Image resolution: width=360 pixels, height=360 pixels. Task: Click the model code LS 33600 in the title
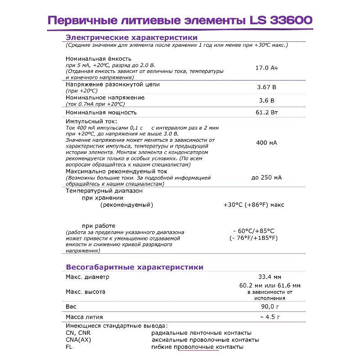pyautogui.click(x=281, y=21)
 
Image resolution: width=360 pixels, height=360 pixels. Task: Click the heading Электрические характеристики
pyautogui.click(x=131, y=37)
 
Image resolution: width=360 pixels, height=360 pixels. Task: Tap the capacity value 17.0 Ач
pyautogui.click(x=266, y=68)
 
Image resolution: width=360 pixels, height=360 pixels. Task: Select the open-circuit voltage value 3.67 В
pyautogui.click(x=266, y=87)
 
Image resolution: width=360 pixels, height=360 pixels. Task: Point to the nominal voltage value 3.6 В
pyautogui.click(x=266, y=100)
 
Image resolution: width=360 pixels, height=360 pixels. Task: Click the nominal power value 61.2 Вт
pyautogui.click(x=266, y=112)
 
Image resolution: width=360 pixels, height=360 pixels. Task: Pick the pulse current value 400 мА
pyautogui.click(x=266, y=143)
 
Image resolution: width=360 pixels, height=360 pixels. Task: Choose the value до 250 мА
pyautogui.click(x=266, y=178)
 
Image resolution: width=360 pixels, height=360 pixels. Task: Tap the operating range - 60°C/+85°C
pyautogui.click(x=253, y=231)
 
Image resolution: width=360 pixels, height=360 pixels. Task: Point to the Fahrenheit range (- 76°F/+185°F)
pyautogui.click(x=253, y=238)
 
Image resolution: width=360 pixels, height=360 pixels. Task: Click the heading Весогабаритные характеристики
pyautogui.click(x=135, y=267)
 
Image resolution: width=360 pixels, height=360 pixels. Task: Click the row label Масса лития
pyautogui.click(x=85, y=317)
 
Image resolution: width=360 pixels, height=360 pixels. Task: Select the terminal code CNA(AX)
pyautogui.click(x=78, y=340)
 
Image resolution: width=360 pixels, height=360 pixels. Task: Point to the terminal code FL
pyautogui.click(x=69, y=347)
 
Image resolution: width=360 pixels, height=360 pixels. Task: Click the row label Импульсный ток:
pyautogui.click(x=91, y=121)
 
